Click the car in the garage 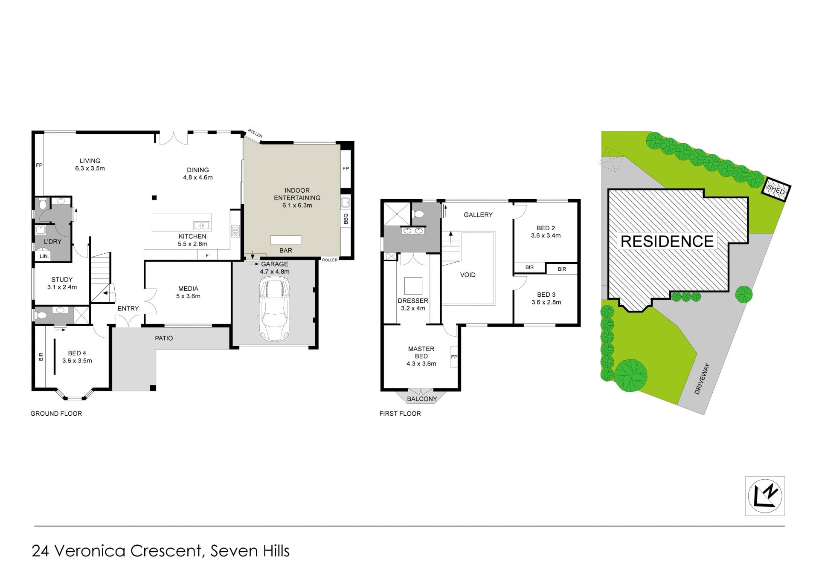coord(275,309)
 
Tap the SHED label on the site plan coord(776,190)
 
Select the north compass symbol coord(765,496)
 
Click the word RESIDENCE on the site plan coord(667,241)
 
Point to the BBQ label coord(346,219)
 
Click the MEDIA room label coord(188,289)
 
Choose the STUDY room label coord(62,280)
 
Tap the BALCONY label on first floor coord(422,399)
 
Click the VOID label coord(468,275)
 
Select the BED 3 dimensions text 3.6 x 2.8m coord(546,302)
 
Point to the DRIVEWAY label coord(702,379)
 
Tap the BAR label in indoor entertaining coord(286,250)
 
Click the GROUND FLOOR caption coord(56,414)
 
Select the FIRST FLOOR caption coord(400,414)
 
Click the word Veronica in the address coord(90,551)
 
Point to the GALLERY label coord(478,215)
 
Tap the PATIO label coord(164,338)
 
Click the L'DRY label coord(53,241)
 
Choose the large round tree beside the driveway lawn coord(630,376)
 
